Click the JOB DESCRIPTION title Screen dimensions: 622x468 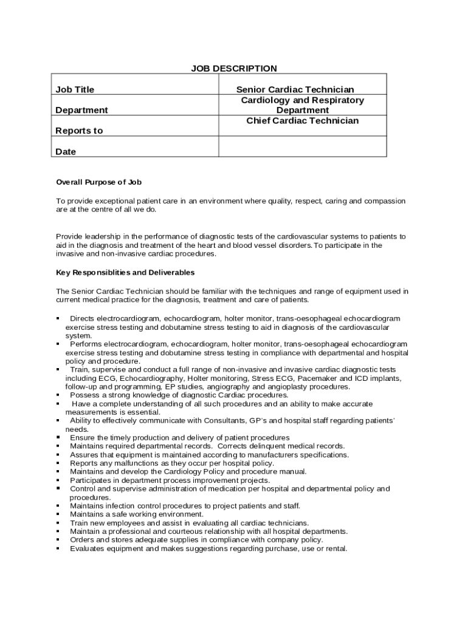click(234, 69)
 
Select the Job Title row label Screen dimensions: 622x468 click(75, 90)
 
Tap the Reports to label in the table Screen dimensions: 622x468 click(79, 131)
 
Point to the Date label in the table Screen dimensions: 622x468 click(66, 152)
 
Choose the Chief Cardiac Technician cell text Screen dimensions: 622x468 click(302, 121)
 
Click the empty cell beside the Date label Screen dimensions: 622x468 click(302, 146)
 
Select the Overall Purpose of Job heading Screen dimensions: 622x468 click(98, 182)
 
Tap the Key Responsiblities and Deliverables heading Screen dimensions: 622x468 click(125, 273)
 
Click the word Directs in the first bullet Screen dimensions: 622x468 click(82, 318)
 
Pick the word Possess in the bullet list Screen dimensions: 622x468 click(84, 395)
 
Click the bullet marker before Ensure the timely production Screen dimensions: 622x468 click(58, 437)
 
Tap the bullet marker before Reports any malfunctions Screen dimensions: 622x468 click(58, 463)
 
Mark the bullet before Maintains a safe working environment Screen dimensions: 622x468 click(58, 514)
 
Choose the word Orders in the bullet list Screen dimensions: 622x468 click(82, 539)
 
